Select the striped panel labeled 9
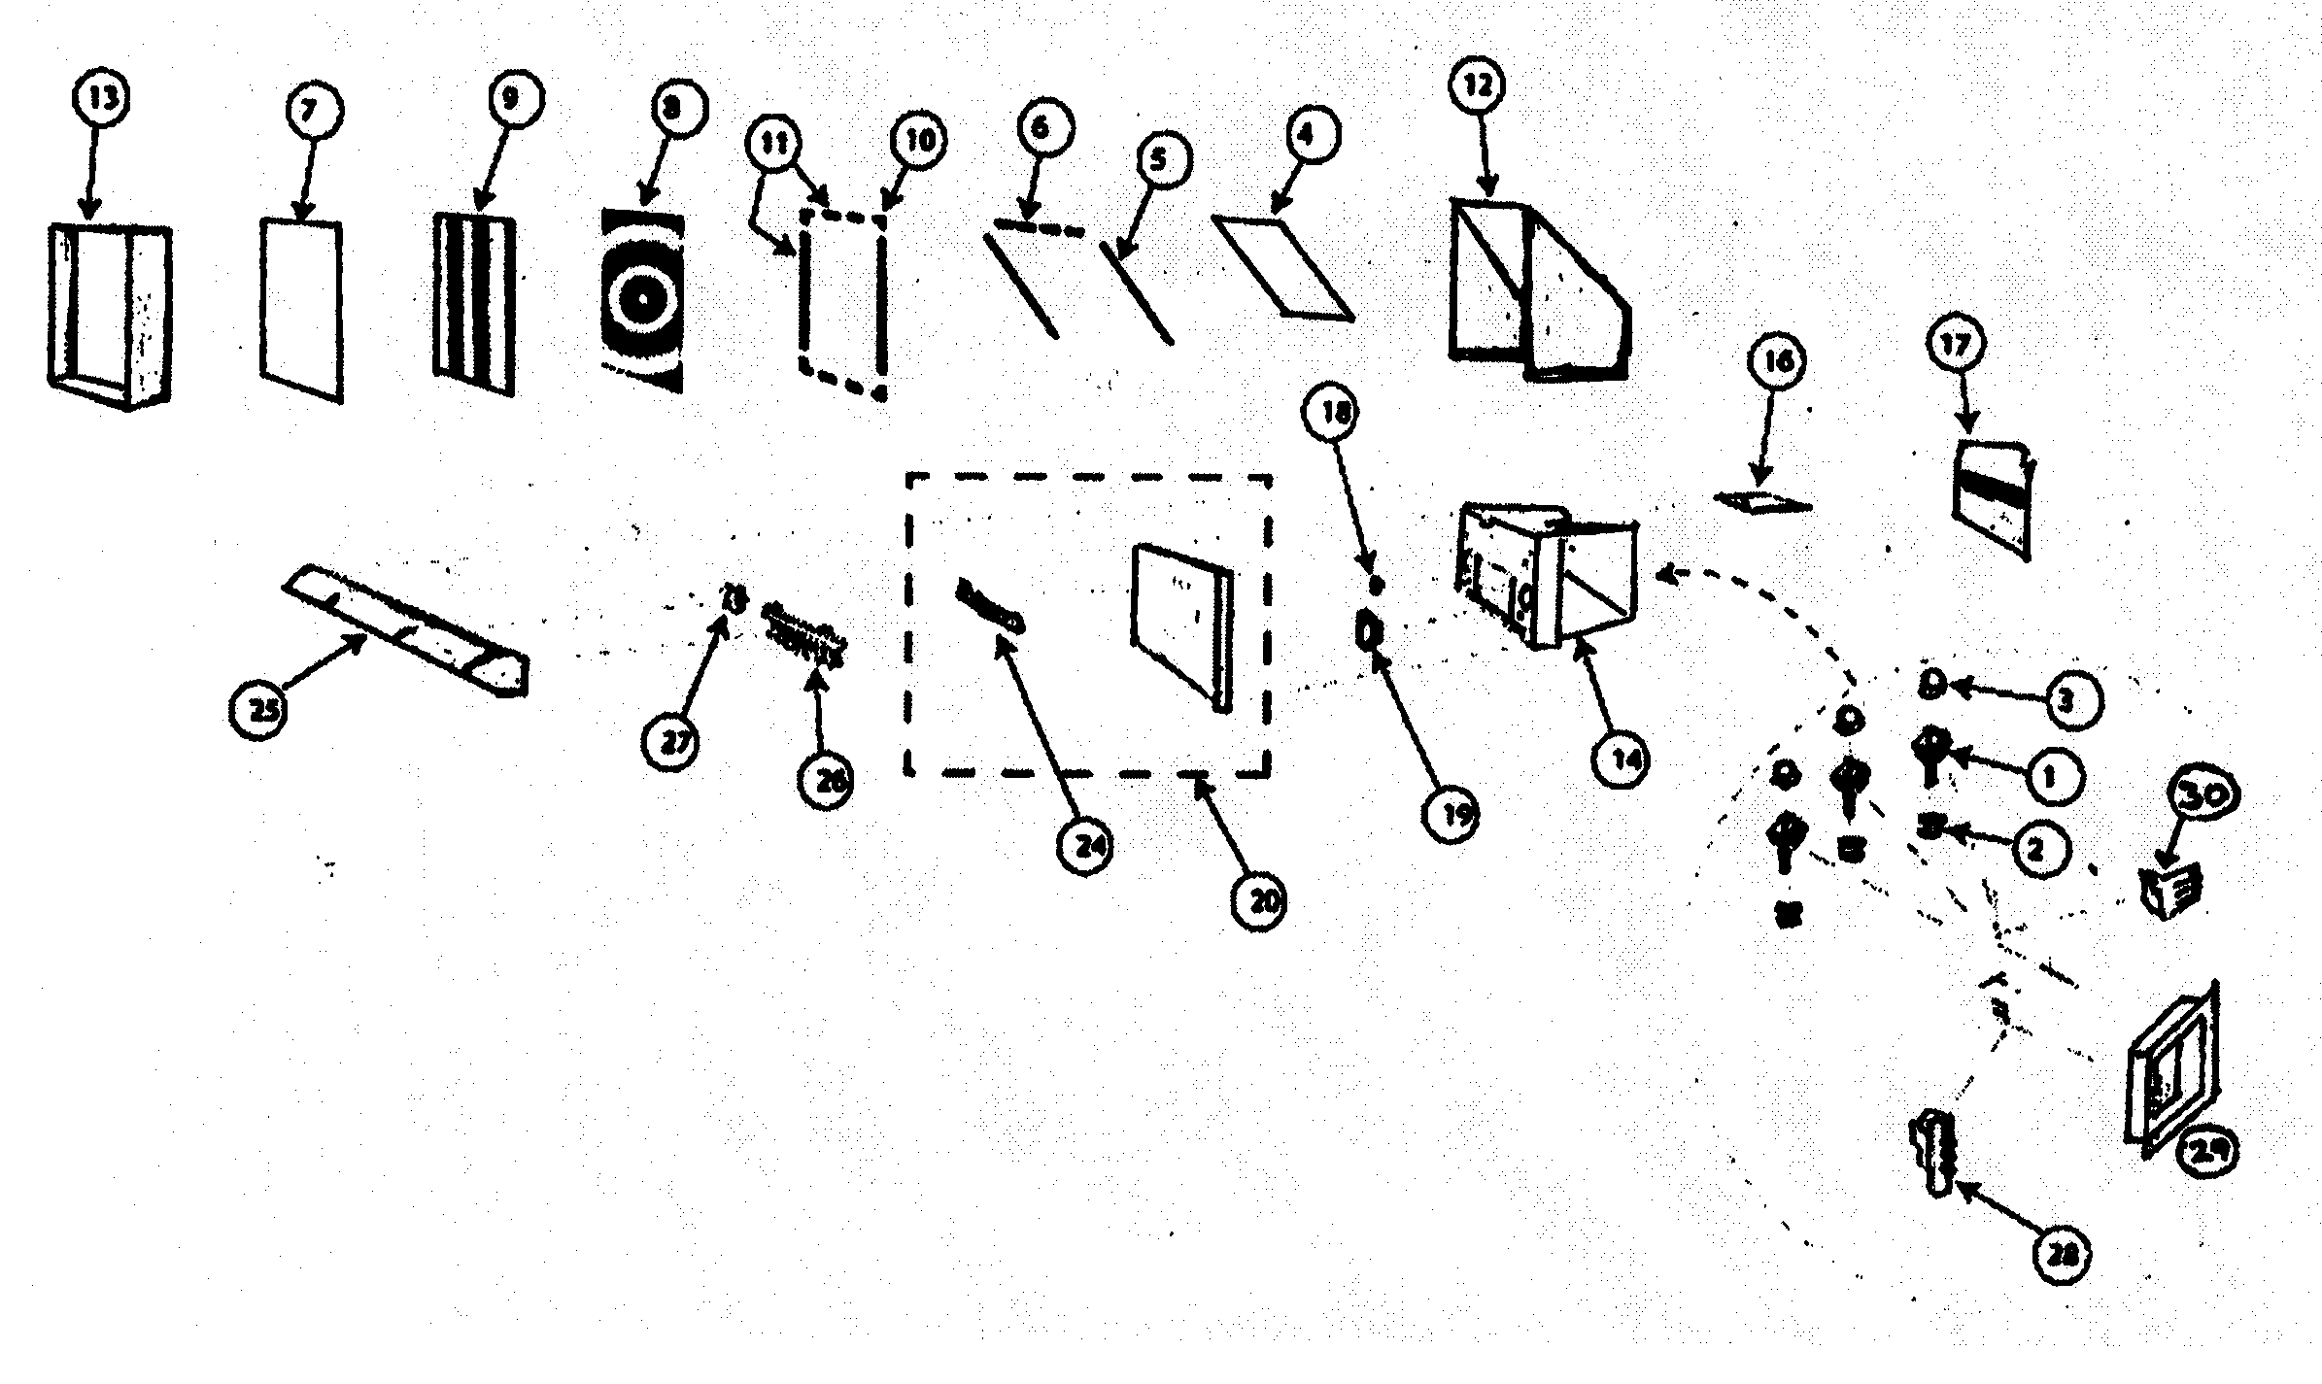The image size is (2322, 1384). tap(474, 304)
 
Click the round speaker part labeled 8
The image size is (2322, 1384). tap(642, 300)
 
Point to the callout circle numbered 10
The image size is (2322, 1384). tap(919, 142)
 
